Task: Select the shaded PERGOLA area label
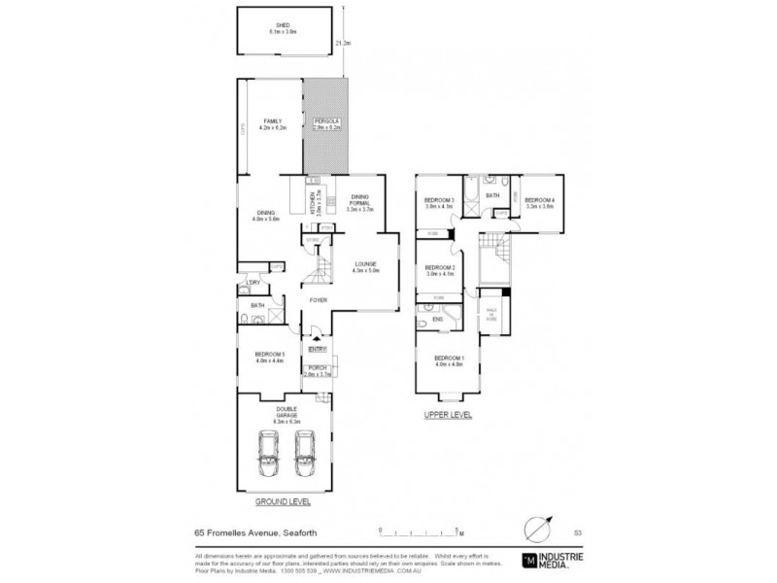[326, 120]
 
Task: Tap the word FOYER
[319, 300]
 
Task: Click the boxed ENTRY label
[318, 348]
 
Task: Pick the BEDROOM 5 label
[268, 357]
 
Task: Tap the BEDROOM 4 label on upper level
[540, 201]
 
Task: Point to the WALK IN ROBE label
[491, 315]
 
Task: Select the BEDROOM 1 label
[448, 360]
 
